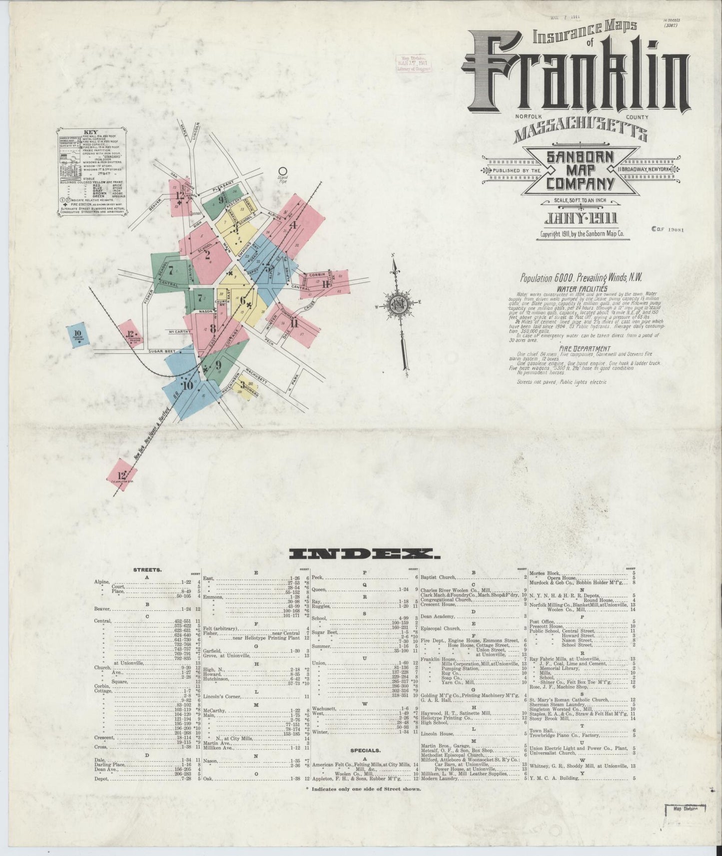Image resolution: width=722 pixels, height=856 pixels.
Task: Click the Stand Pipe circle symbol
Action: pyautogui.click(x=283, y=171)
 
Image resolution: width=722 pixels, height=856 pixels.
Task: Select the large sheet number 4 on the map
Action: pyautogui.click(x=294, y=225)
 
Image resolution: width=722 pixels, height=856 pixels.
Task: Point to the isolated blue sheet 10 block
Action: pyautogui.click(x=78, y=336)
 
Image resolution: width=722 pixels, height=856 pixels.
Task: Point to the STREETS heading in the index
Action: pyautogui.click(x=147, y=569)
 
